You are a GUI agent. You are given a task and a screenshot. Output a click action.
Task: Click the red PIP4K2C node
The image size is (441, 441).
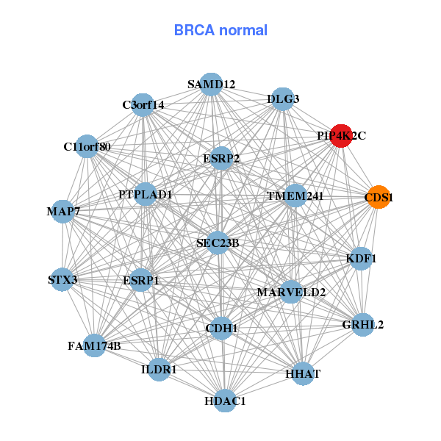[x=340, y=136]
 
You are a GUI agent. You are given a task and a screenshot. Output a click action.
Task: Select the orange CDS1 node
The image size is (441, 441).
[x=379, y=197]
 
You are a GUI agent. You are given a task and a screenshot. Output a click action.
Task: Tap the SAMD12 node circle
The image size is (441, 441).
[x=211, y=85]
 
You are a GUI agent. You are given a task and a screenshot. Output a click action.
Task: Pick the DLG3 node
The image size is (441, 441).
[x=283, y=99]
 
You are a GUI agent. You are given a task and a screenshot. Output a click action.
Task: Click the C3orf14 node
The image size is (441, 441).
[x=143, y=104]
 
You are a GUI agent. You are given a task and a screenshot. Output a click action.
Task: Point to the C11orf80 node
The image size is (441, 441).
[x=87, y=146]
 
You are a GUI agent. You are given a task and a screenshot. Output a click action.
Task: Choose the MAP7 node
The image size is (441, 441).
[x=63, y=212]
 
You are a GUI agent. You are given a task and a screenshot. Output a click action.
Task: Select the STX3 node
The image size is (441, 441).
[x=62, y=279]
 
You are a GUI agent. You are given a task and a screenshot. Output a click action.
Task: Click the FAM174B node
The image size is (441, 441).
[x=94, y=345]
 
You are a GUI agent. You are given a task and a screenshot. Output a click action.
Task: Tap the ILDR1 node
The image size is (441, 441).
[x=159, y=370]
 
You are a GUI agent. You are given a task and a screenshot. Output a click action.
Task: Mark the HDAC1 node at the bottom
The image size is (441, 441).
[x=225, y=401]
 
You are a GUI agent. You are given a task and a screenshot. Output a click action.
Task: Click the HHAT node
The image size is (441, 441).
[x=303, y=374]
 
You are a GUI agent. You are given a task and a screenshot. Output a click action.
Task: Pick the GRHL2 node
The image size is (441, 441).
[x=362, y=324]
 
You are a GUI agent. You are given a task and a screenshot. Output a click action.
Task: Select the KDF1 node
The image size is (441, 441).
[x=361, y=259]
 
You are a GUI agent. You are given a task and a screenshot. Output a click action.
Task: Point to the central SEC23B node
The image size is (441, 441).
[x=218, y=243]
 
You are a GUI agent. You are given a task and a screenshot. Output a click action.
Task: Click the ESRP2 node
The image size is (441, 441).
[x=221, y=158]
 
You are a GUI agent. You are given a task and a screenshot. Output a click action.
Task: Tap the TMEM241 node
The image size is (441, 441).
[x=295, y=196]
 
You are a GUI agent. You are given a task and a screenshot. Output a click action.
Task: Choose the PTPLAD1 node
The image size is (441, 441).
[x=146, y=195]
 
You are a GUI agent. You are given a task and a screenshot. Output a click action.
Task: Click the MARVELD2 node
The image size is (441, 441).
[x=291, y=293]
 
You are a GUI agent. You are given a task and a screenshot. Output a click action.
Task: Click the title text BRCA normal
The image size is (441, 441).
[x=220, y=31]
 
